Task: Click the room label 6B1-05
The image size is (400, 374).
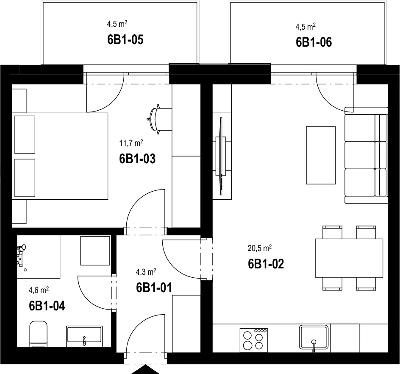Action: click(x=125, y=39)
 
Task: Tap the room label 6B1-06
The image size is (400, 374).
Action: click(x=314, y=42)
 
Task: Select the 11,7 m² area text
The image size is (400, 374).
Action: click(x=131, y=143)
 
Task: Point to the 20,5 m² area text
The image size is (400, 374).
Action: click(x=259, y=248)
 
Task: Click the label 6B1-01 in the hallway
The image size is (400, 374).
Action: click(x=154, y=287)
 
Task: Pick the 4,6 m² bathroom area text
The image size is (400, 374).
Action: click(x=39, y=290)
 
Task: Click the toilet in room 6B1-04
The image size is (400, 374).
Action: click(x=39, y=334)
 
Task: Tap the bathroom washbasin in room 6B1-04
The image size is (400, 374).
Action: click(x=84, y=336)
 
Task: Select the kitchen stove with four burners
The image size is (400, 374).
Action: click(x=254, y=340)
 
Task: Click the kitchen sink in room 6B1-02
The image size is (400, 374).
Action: click(x=314, y=338)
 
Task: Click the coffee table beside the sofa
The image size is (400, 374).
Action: click(x=321, y=155)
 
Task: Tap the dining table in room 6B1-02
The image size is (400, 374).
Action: click(x=349, y=258)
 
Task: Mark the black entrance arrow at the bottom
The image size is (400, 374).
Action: click(x=145, y=369)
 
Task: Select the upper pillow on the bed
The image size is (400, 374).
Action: click(x=25, y=134)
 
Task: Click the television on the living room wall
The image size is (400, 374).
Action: click(x=221, y=156)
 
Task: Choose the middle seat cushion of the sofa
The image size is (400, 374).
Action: click(x=360, y=155)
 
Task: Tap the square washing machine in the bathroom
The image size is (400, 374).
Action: click(x=95, y=251)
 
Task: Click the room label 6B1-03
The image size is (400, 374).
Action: click(x=137, y=159)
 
